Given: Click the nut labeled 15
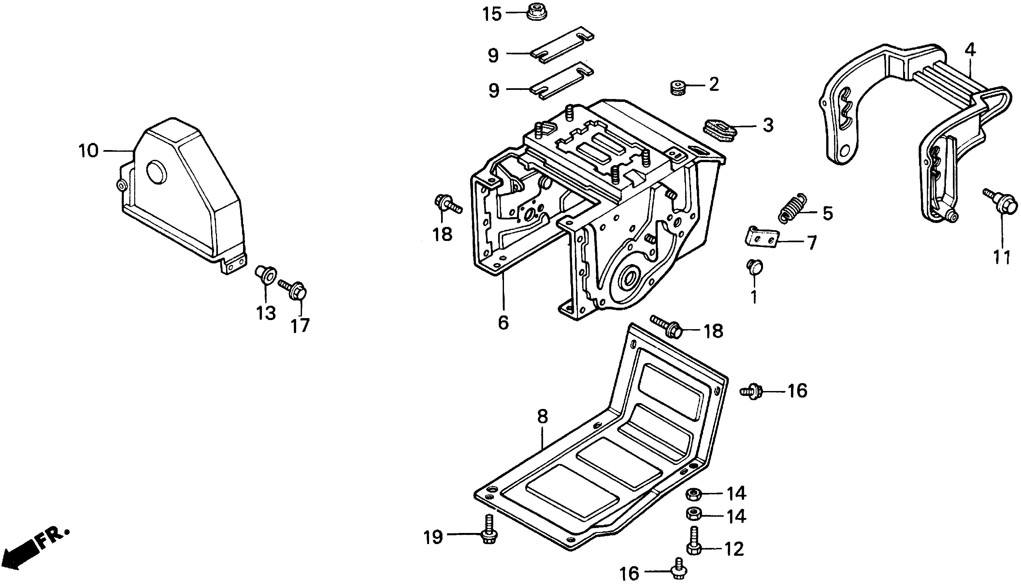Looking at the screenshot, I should pos(537,12).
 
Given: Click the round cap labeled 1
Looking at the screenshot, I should pos(754,267).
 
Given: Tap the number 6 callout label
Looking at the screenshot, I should pos(503,322).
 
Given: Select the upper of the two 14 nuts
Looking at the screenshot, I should pos(693,494).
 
